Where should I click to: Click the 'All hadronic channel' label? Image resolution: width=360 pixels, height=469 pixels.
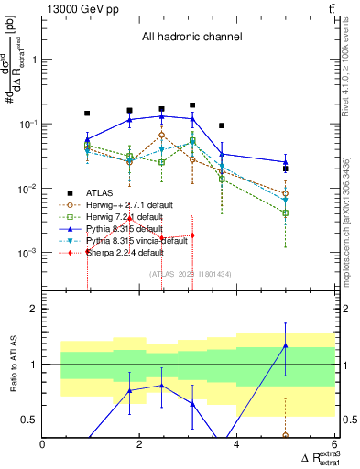point(191,38)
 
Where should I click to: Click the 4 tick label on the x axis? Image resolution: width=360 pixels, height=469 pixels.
point(236,446)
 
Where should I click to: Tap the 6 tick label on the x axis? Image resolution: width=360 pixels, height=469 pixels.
point(333,446)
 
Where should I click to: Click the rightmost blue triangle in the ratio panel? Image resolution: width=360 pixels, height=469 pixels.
point(286,345)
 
